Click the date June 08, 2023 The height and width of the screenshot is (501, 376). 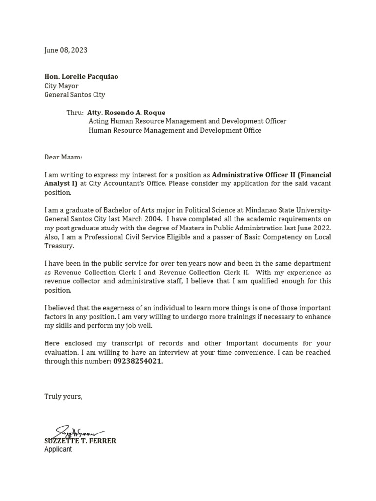[x=66, y=50]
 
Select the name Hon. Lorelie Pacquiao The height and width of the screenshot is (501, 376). [x=81, y=77]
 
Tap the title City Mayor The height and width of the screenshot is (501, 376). [x=61, y=86]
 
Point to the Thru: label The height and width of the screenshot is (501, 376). [x=75, y=113]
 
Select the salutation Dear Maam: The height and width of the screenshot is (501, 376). [x=63, y=157]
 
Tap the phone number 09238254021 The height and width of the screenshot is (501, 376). [x=138, y=362]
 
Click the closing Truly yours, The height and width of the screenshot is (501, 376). [x=63, y=396]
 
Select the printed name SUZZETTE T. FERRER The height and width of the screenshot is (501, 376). [x=80, y=441]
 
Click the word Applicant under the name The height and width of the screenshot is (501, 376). [x=58, y=449]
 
